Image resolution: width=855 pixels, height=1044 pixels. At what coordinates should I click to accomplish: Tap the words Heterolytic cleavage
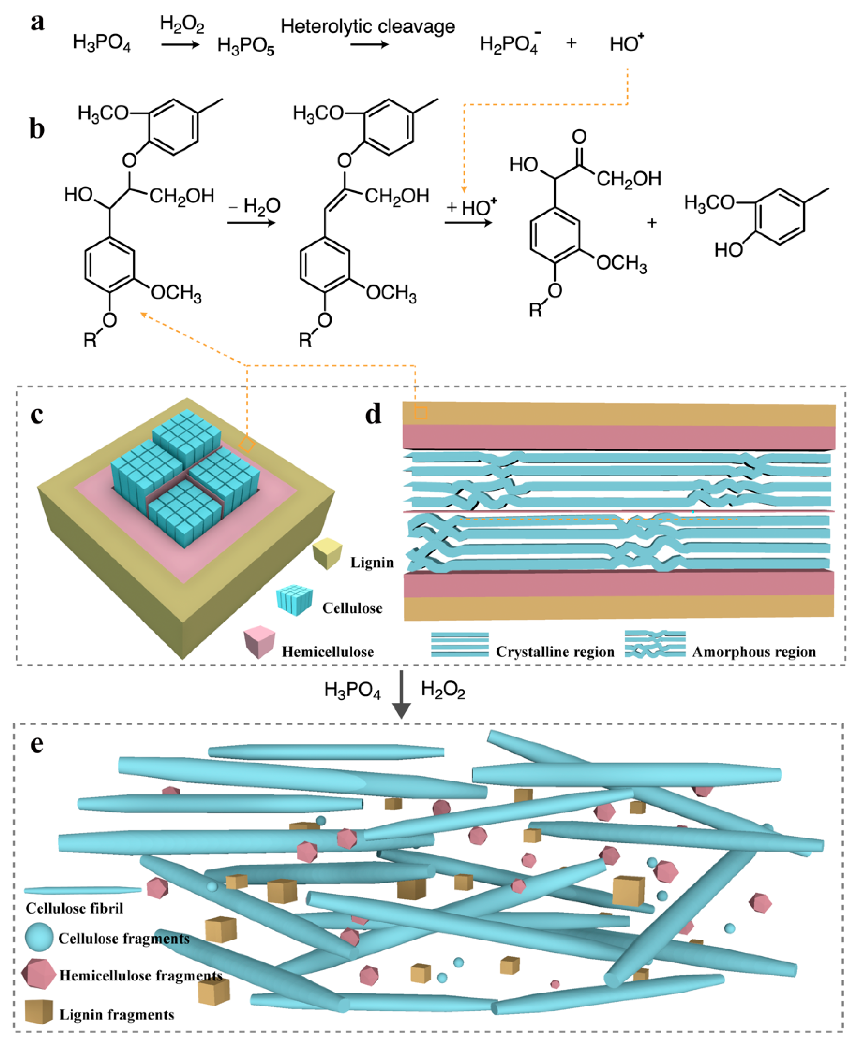coord(367,26)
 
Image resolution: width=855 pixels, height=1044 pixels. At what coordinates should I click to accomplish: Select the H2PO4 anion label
coord(510,44)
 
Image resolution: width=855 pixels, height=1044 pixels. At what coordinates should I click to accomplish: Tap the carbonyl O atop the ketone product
coord(579,136)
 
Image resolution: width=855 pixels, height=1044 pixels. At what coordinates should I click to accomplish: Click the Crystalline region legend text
coord(555,652)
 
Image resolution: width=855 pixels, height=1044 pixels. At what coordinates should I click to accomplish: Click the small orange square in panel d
coord(421,413)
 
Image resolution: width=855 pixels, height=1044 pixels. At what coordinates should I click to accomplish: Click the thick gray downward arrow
coord(401,694)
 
